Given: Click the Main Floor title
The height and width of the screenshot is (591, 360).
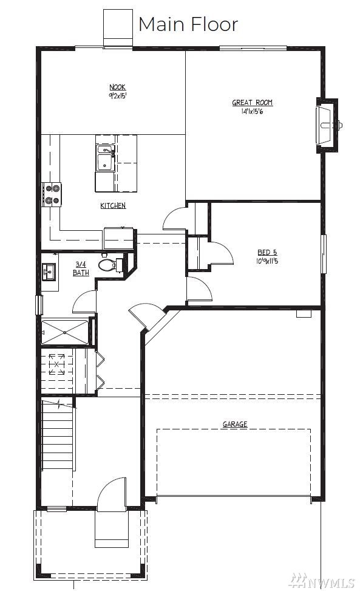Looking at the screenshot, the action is (x=188, y=24).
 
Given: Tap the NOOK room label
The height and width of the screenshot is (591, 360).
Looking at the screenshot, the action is (x=118, y=87).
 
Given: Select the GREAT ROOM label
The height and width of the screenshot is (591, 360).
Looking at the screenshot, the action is (x=253, y=103).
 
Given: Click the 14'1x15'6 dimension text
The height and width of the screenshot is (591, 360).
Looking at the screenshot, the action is (x=253, y=112).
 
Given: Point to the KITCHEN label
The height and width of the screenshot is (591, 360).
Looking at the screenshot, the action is (x=113, y=205).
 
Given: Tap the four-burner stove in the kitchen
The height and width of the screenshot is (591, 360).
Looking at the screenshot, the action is (x=52, y=194).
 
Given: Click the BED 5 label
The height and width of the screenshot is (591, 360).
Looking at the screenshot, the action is (x=267, y=253).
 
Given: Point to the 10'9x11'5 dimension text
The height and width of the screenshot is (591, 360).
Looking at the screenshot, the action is (x=267, y=261).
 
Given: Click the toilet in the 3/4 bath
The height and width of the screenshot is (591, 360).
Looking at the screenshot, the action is (x=110, y=265).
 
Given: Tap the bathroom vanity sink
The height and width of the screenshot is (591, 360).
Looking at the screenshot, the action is (x=49, y=272).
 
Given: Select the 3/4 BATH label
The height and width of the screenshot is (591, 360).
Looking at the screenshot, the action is (x=81, y=268).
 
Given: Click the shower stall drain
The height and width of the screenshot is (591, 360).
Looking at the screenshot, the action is (x=65, y=332).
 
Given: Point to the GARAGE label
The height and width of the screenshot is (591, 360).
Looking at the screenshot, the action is (x=235, y=424).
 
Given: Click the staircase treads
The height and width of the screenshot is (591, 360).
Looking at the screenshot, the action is (x=57, y=436).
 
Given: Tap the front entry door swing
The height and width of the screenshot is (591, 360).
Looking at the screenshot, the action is (x=112, y=494).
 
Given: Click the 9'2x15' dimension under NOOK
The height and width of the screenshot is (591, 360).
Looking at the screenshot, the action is (x=118, y=96).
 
